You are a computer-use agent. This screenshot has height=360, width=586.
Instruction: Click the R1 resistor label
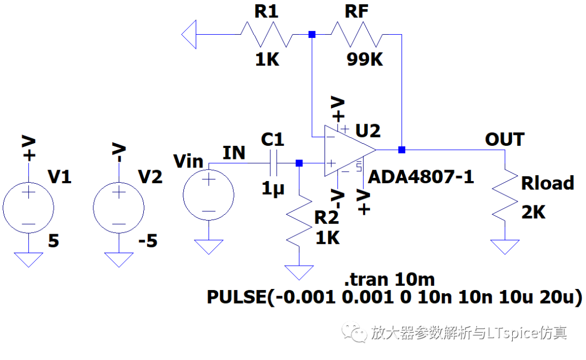pyautogui.click(x=266, y=11)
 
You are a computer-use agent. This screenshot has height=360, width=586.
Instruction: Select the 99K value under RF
pyautogui.click(x=365, y=60)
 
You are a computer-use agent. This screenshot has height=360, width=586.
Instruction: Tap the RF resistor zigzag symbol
pyautogui.click(x=357, y=34)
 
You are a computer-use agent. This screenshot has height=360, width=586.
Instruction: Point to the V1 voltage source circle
pyautogui.click(x=28, y=208)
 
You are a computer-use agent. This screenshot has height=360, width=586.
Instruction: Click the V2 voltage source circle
pyautogui.click(x=119, y=208)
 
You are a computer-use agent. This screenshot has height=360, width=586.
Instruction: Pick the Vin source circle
pyautogui.click(x=208, y=195)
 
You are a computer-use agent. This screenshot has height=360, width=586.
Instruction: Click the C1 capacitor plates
pyautogui.click(x=273, y=163)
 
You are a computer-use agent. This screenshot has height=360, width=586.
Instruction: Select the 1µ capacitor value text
pyautogui.click(x=273, y=188)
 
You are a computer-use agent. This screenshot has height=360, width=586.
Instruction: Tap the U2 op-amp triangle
pyautogui.click(x=350, y=151)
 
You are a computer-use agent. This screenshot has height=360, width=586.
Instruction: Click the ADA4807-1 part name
pyautogui.click(x=421, y=177)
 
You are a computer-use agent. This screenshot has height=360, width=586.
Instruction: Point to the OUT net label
pyautogui.click(x=505, y=139)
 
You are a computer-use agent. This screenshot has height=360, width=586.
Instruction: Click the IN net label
pyautogui.click(x=234, y=153)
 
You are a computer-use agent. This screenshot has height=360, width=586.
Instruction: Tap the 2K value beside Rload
pyautogui.click(x=533, y=212)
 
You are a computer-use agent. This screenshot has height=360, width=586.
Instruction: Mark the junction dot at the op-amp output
pyautogui.click(x=402, y=150)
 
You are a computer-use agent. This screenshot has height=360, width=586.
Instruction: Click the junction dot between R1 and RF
pyautogui.click(x=312, y=34)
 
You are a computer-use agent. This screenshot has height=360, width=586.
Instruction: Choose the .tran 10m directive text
pyautogui.click(x=389, y=279)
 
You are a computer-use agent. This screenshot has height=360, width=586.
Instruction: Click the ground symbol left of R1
pyautogui.click(x=189, y=34)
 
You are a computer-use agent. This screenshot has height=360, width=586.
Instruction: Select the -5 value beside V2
pyautogui.click(x=148, y=241)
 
